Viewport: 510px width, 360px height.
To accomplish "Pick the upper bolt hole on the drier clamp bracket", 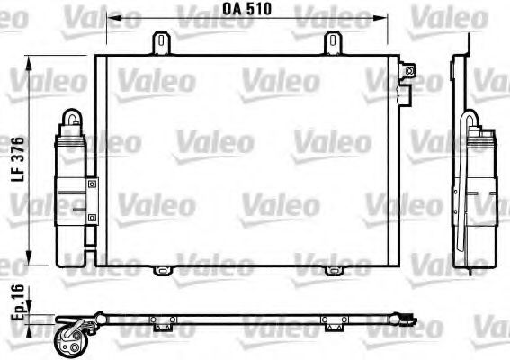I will point(92,184).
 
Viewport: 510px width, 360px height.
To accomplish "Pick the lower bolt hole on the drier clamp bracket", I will point(92,216).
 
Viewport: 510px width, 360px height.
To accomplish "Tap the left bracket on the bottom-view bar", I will point(161,322).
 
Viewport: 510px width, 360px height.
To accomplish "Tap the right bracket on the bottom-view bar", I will point(330,322).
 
